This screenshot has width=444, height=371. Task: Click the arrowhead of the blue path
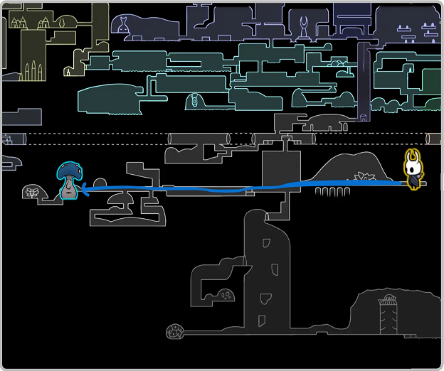tap(81, 188)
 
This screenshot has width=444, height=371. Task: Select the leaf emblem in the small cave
tap(31, 191)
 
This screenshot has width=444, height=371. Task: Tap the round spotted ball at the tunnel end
tap(175, 331)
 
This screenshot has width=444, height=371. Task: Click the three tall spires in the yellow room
tap(31, 71)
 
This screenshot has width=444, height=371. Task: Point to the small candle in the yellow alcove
tap(68, 72)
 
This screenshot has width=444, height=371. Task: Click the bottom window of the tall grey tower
tap(263, 319)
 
